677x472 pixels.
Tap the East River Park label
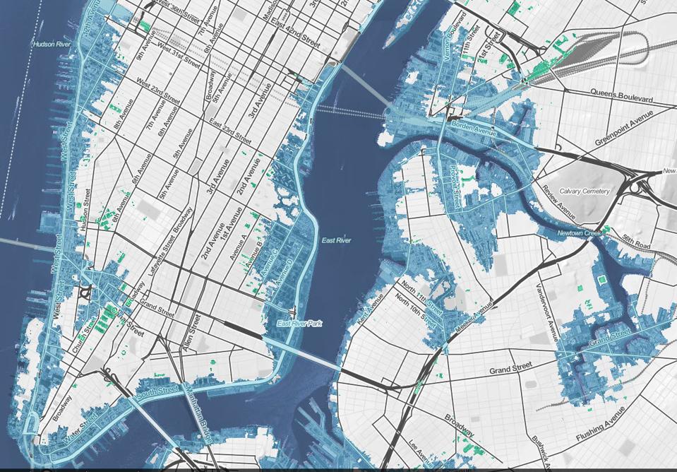point(299,324)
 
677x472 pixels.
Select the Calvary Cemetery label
point(584,191)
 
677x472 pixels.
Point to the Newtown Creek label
point(577,232)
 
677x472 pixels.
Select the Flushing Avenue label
point(601,427)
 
